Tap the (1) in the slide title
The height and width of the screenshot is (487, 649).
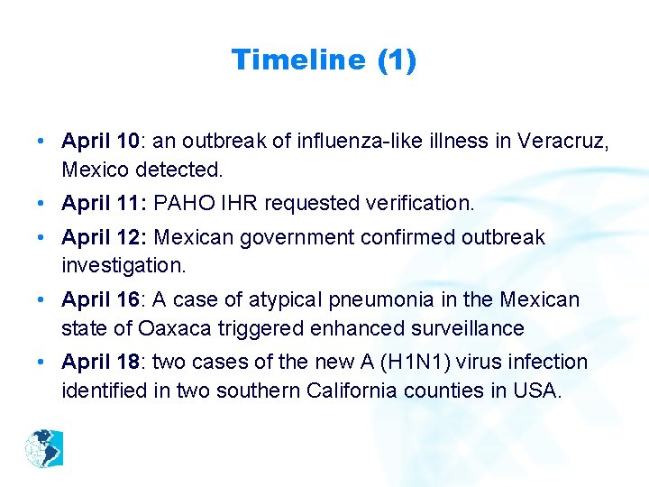[x=396, y=60]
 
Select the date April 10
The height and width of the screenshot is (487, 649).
[x=99, y=141]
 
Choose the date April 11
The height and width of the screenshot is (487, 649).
[x=99, y=203]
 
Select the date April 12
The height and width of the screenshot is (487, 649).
[x=99, y=237]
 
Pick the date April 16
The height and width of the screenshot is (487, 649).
[x=99, y=299]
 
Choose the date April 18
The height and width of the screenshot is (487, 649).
[x=99, y=362]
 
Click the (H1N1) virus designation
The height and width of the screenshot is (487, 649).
[x=406, y=362]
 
